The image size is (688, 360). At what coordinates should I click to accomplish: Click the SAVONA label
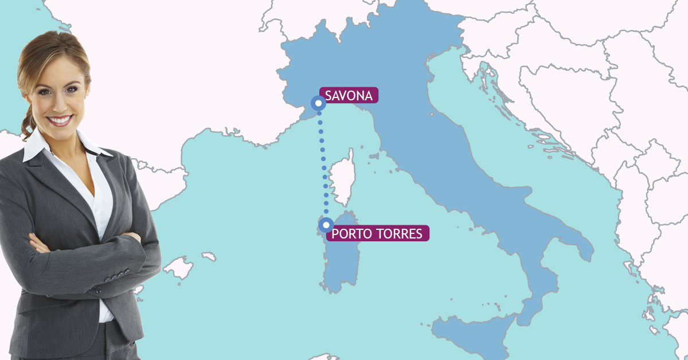coord(349,96)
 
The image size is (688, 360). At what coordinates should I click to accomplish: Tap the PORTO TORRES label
coord(377,233)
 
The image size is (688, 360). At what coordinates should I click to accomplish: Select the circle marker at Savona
coord(318,103)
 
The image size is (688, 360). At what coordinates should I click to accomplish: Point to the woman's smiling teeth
coord(60,120)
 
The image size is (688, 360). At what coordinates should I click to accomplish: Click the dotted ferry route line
coord(323,166)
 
